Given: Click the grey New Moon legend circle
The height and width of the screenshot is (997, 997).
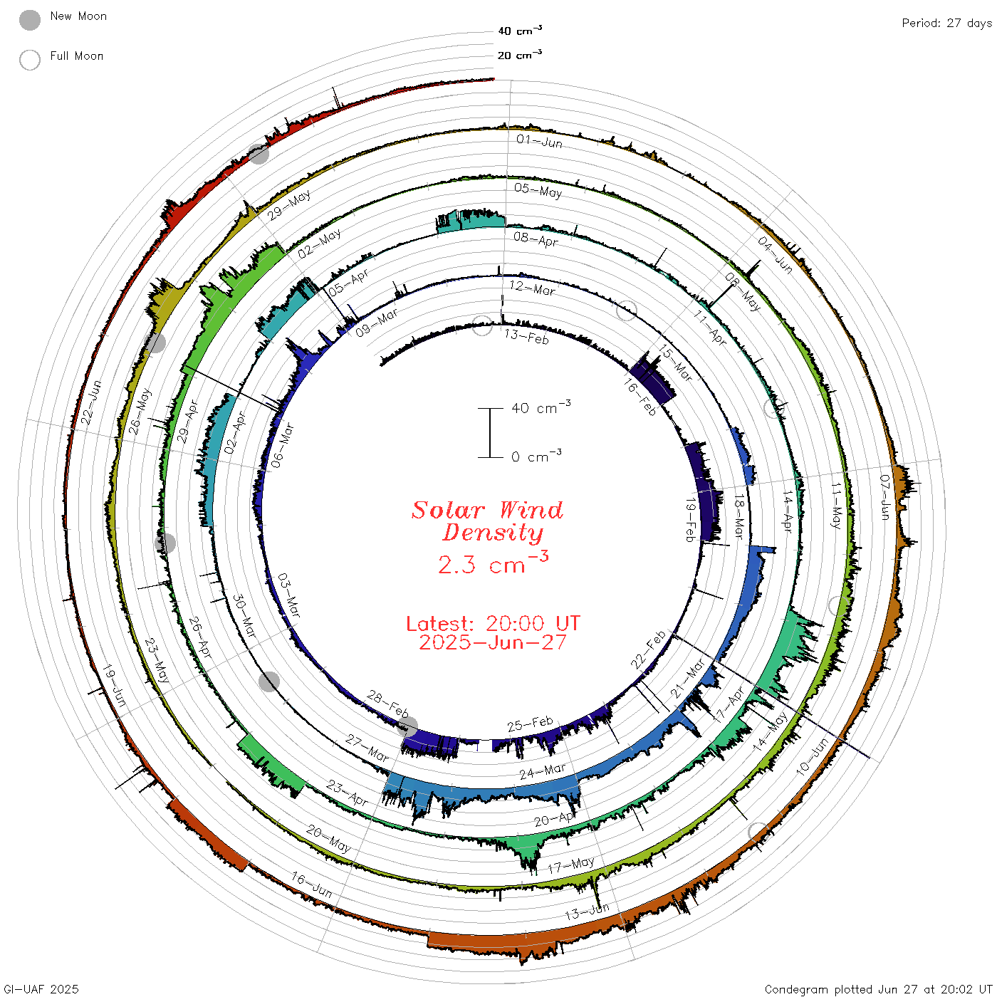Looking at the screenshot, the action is [x=30, y=20].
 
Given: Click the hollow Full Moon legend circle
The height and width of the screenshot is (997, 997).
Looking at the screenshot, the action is [x=30, y=60].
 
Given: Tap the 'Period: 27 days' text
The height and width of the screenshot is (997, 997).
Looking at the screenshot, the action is [x=946, y=24].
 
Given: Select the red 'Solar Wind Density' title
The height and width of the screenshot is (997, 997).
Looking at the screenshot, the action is [x=487, y=521].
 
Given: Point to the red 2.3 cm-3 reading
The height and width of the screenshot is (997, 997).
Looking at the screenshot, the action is [x=493, y=563].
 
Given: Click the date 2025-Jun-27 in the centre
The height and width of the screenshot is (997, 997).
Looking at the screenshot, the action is [x=493, y=642].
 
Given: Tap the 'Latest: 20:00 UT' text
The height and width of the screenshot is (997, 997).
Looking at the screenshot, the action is [x=493, y=623].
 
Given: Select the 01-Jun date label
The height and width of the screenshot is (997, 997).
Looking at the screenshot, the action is [x=539, y=141].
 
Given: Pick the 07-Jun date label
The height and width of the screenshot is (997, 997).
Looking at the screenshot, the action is [x=885, y=497].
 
